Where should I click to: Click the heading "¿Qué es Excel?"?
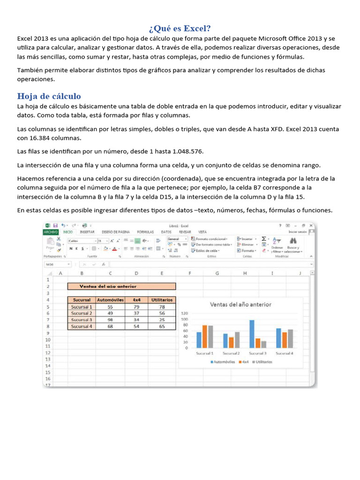tap(180, 28)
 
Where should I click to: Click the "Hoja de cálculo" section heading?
tap(49, 96)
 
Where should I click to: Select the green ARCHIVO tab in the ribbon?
tap(50, 232)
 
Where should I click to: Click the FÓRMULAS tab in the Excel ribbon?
tap(145, 232)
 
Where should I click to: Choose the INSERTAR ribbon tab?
tap(87, 232)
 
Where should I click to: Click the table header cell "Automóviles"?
tap(110, 300)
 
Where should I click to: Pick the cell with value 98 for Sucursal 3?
tap(110, 320)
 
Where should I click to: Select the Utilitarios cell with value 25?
tap(162, 320)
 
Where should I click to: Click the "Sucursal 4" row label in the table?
tap(82, 326)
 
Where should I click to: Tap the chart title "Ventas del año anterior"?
tap(240, 304)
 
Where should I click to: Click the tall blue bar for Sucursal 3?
tap(252, 334)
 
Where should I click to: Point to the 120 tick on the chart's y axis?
tap(184, 313)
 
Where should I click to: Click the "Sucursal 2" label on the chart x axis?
tap(231, 353)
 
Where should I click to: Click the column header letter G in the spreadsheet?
tap(217, 273)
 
